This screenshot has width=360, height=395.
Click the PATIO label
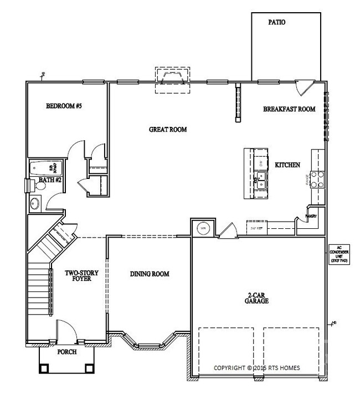[x=276, y=23]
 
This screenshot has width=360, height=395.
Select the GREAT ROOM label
[x=168, y=130]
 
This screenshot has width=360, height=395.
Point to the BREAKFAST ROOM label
[x=289, y=109]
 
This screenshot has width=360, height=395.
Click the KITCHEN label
[x=287, y=165]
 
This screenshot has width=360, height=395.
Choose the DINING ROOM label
[x=150, y=274]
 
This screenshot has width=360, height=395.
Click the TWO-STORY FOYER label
[x=78, y=275]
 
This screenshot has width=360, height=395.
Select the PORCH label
[x=67, y=351]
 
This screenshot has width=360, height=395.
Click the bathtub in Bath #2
[x=47, y=168]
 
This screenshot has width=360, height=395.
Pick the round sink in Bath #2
[x=35, y=203]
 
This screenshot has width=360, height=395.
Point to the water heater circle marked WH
[x=202, y=228]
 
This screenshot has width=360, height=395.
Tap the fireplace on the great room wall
[x=172, y=76]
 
